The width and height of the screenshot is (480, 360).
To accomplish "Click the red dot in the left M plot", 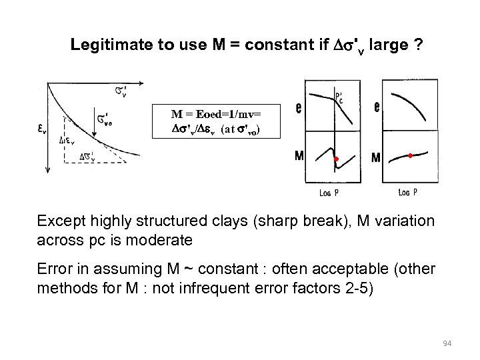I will point(337,159).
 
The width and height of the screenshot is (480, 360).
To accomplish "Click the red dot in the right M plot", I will point(410,155).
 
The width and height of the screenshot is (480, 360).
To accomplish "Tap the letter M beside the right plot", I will point(376,159).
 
